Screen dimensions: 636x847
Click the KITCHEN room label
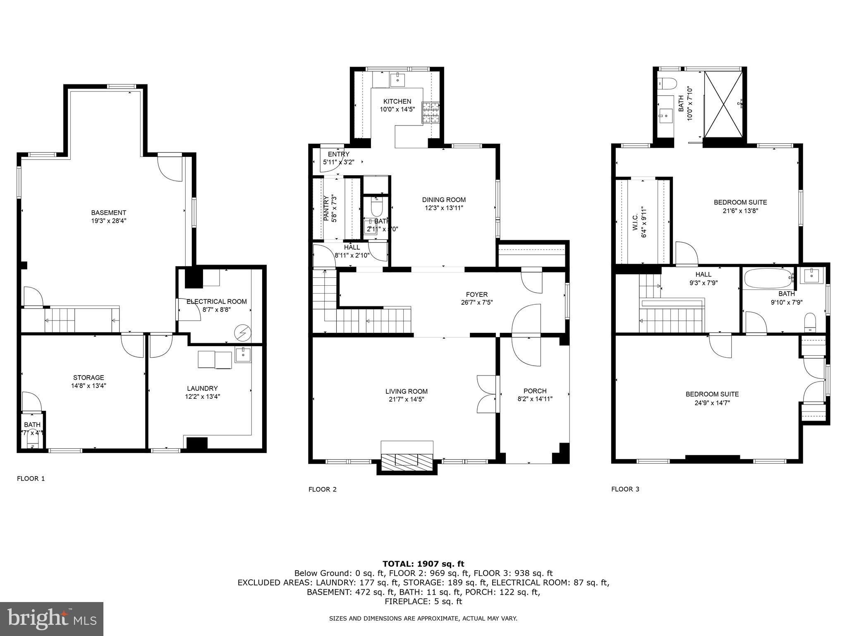point(397,101)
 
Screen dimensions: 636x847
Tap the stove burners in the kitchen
point(430,113)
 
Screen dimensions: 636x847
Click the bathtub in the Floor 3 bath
point(768,278)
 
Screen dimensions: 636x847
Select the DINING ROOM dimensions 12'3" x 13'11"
point(444,208)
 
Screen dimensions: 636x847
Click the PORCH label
point(535,391)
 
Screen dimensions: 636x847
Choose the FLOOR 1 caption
point(31,479)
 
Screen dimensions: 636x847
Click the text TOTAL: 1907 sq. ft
point(423,564)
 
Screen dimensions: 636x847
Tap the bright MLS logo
point(52,619)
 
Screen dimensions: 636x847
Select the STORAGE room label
point(89,378)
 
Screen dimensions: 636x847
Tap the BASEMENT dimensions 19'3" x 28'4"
point(108,221)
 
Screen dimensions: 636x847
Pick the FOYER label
point(476,294)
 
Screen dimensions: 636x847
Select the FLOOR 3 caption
point(625,489)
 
